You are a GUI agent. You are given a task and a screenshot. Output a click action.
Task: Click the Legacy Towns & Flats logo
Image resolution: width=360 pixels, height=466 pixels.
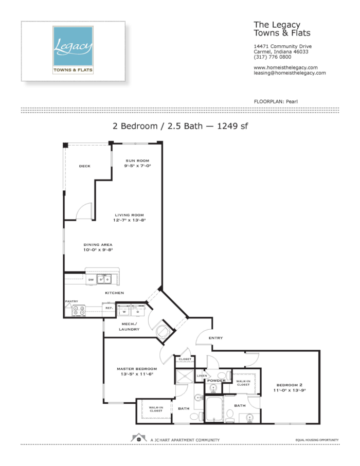73,50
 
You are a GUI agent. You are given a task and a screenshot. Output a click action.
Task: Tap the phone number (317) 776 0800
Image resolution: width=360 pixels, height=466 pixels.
272,57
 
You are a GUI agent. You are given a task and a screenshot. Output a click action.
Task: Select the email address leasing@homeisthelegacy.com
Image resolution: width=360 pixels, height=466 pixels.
290,73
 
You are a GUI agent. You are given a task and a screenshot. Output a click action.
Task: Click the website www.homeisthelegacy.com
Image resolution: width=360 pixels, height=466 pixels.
285,67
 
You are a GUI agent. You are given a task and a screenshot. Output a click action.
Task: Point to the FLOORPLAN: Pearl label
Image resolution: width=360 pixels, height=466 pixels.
276,102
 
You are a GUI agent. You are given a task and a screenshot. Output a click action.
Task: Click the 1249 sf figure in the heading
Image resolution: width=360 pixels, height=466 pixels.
232,126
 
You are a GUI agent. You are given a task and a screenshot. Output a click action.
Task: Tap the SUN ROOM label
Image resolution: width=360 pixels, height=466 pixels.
137,161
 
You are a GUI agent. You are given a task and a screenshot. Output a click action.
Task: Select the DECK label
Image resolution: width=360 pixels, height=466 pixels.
85,166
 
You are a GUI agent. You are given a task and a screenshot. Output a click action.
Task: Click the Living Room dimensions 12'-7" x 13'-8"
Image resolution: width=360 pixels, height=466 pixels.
129,220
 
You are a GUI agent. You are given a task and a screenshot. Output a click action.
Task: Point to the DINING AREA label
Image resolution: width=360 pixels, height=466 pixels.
98,245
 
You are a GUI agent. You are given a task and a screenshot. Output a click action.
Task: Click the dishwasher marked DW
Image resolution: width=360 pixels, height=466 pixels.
91,280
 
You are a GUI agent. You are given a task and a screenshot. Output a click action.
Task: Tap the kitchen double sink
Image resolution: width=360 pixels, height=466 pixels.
104,279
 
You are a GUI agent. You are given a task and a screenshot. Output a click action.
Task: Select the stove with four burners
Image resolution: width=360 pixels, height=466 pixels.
79,311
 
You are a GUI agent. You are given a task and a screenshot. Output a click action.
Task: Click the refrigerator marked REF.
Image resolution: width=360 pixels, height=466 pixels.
109,309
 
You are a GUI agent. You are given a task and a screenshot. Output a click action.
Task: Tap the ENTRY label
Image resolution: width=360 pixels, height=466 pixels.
215,338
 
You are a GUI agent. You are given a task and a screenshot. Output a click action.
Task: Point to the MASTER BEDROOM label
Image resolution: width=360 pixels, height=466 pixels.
137,369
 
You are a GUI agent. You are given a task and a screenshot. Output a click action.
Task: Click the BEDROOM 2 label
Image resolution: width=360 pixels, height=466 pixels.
289,385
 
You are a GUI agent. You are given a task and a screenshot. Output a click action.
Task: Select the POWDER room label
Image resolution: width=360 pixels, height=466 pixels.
216,381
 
